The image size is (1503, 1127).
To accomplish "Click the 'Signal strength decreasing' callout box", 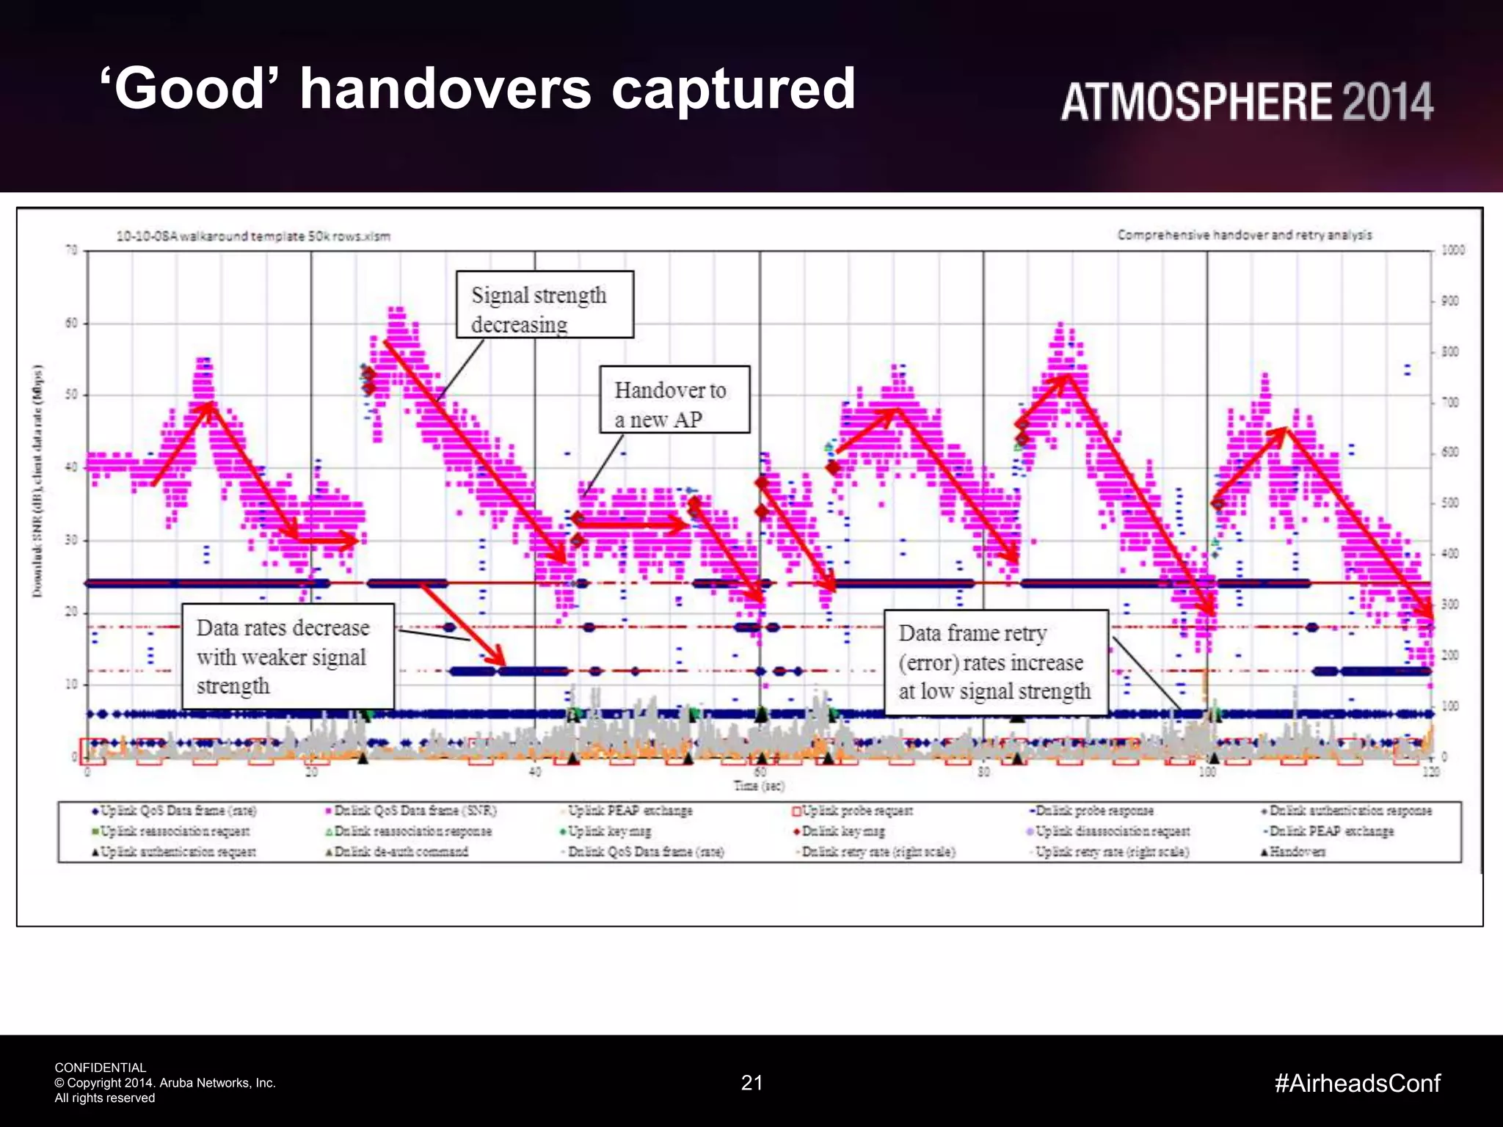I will point(545,304).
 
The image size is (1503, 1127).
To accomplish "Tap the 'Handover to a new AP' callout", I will point(674,400).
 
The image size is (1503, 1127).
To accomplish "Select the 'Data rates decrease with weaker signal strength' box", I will point(288,657).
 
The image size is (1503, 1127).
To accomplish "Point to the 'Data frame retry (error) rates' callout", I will point(996,663).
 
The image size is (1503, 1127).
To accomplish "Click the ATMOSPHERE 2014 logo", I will point(1246,101).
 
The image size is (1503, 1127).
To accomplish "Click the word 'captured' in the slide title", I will point(733,90).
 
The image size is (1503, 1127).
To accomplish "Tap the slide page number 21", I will point(751,1083).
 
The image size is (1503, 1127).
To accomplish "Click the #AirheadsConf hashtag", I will point(1357,1083).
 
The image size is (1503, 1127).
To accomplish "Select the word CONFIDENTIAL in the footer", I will point(101,1068).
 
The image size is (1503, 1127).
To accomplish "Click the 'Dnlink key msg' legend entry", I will point(843,831).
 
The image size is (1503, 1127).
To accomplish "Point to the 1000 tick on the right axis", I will point(1452,250).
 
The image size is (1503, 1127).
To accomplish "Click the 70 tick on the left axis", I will point(71,250).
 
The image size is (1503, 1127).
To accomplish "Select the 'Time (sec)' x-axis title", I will point(759,786).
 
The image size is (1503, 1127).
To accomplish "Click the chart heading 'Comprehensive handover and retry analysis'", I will point(1244,235).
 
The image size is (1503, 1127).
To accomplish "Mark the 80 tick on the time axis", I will point(983,772).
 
